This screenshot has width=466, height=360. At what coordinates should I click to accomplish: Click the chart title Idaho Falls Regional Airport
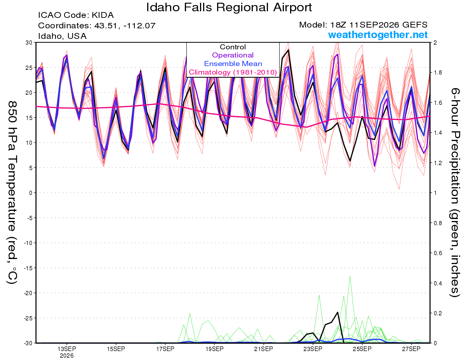(229, 7)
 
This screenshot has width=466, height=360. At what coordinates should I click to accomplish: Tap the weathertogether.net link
(378, 35)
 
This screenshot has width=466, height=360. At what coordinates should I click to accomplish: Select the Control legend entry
(233, 47)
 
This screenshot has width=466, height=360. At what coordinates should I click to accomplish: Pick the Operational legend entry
(233, 55)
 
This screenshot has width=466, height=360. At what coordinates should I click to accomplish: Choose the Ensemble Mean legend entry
(233, 64)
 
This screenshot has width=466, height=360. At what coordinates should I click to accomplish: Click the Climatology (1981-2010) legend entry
(233, 72)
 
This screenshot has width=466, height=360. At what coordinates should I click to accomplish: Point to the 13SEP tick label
(67, 349)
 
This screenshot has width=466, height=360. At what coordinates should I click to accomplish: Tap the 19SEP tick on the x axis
(214, 349)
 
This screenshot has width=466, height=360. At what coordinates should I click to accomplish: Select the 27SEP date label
(411, 349)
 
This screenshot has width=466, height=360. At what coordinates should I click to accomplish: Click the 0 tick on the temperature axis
(31, 193)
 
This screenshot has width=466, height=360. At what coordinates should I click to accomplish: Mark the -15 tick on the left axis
(28, 268)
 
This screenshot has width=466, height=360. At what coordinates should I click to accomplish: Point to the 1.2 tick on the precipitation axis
(436, 163)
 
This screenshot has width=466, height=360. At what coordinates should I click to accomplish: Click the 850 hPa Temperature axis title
(12, 193)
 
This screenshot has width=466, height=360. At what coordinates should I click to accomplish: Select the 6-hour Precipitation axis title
(455, 192)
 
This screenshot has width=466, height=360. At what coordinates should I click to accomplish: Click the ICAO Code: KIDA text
(76, 15)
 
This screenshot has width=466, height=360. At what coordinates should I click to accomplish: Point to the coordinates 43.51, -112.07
(125, 26)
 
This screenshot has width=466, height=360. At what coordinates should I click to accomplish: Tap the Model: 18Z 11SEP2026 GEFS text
(363, 25)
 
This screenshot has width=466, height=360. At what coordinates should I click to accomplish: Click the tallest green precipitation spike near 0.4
(350, 277)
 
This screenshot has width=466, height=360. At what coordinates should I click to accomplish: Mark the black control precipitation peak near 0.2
(338, 312)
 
